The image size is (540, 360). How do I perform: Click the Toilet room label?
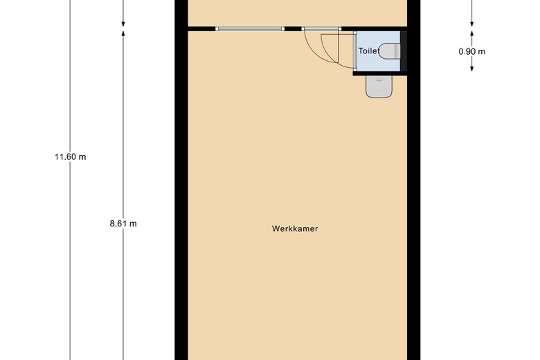tap(369, 51)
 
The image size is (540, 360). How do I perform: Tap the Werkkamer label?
tap(295, 228)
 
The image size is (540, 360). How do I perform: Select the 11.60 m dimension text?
tap(71, 156)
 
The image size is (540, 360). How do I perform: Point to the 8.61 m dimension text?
tap(123, 223)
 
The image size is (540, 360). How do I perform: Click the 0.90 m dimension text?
tap(472, 51)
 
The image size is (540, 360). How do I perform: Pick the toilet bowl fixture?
tap(390, 51)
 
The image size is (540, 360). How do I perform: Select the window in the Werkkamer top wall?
tap(250, 29)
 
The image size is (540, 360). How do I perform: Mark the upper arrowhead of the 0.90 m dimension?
tap(472, 33)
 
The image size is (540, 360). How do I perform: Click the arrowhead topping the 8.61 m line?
tap(123, 33)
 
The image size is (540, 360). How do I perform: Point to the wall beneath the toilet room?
tap(377, 72)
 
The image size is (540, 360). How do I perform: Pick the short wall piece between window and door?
tap(293, 29)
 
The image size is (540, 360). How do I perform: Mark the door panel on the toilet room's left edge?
tap(355, 51)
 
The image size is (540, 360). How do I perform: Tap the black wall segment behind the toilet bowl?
tap(404, 51)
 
